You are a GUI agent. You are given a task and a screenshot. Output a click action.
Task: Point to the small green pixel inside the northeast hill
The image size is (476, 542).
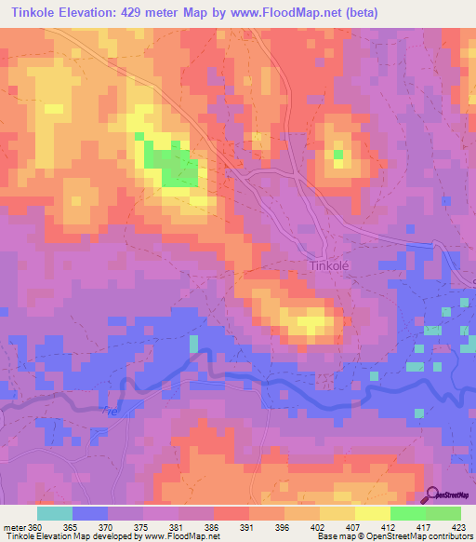pyautogui.click(x=338, y=154)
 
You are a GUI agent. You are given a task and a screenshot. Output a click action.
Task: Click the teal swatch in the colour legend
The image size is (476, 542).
pyautogui.click(x=54, y=513)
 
